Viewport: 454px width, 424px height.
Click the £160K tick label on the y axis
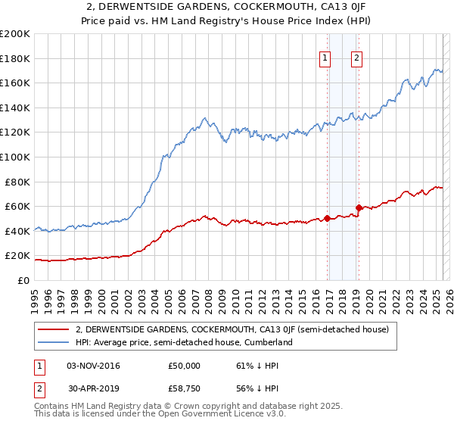pos(15,83)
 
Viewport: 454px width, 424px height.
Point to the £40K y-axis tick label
pos(17,231)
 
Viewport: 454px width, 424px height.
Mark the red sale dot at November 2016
pos(327,218)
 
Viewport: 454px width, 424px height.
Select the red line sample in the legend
pos(54,329)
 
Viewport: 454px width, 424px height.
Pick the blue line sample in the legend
pos(54,342)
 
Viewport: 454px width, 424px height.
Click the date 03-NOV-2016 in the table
pos(93,366)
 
